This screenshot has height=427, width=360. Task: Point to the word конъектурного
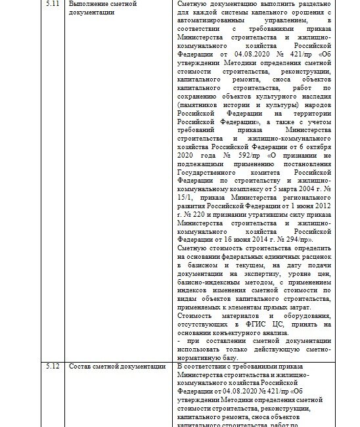tap(231, 333)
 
